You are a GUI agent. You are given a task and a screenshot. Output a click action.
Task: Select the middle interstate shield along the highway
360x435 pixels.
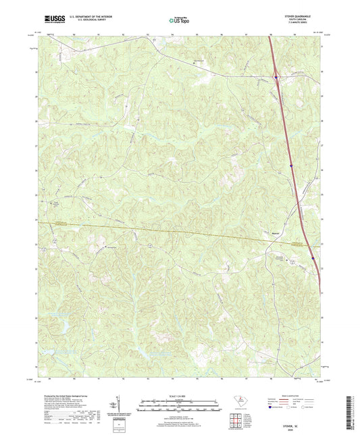(x=290, y=164)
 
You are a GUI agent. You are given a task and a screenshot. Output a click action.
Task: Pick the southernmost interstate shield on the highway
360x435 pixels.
(x=313, y=257)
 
